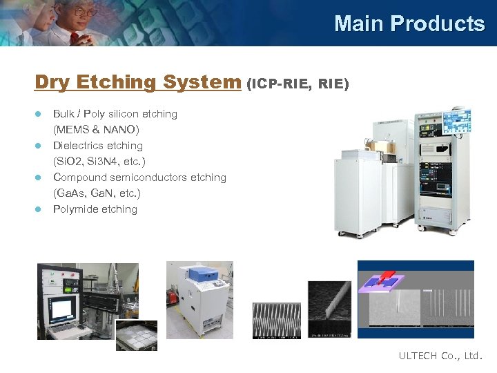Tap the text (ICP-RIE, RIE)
tap(298, 84)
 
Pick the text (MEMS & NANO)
tap(96, 130)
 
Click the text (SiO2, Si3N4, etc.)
tap(99, 162)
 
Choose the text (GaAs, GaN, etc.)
tap(97, 193)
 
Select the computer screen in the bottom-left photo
tap(63, 308)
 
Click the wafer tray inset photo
tap(136, 336)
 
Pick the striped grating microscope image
tap(277, 321)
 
